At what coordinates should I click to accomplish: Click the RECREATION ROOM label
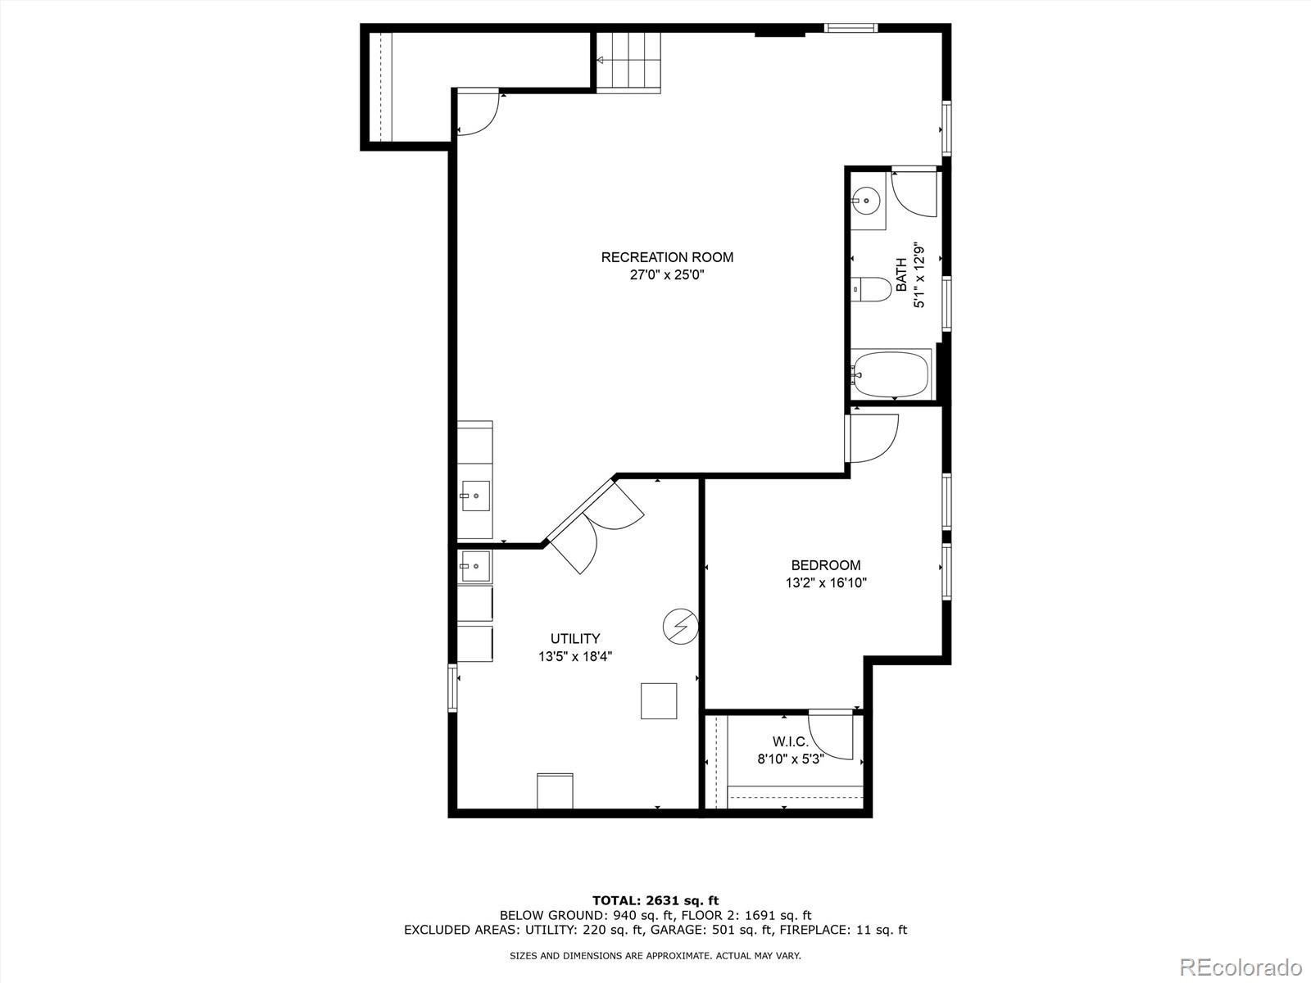click(667, 257)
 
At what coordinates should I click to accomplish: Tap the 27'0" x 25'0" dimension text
click(667, 275)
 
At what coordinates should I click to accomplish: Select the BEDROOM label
click(825, 565)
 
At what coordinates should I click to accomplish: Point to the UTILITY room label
click(574, 639)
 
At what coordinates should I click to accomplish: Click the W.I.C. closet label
click(790, 742)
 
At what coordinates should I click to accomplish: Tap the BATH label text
click(901, 275)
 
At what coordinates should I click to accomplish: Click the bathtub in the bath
click(890, 374)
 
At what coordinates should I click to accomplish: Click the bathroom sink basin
click(866, 200)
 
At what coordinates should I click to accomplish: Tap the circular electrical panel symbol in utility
click(679, 627)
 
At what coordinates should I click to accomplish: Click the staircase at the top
click(628, 61)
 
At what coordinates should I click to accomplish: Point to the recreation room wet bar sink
click(475, 496)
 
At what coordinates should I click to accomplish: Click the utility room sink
click(474, 565)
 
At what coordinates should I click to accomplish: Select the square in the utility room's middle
click(659, 701)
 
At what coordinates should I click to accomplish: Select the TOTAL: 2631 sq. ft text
click(655, 900)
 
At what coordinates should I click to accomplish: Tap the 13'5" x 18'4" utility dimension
click(574, 657)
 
